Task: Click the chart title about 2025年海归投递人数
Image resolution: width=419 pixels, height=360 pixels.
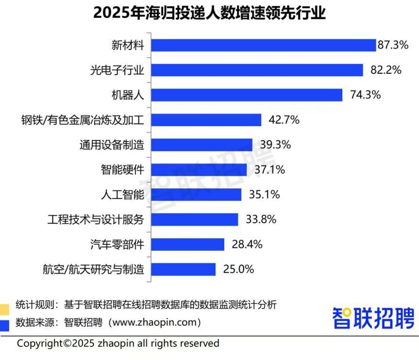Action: [x=209, y=13]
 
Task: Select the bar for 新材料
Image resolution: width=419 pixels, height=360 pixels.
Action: [x=264, y=45]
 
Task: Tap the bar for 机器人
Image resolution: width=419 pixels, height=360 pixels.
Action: [x=247, y=95]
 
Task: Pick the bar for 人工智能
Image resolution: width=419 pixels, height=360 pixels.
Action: [x=196, y=195]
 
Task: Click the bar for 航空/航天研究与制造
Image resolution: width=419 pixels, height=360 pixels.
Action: [x=183, y=269]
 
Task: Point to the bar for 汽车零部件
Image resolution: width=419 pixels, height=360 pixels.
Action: [x=187, y=244]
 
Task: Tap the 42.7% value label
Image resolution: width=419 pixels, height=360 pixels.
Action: [x=284, y=120]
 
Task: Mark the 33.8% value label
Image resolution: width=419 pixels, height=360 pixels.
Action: [x=261, y=219]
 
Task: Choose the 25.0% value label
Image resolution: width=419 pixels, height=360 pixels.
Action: [x=238, y=269]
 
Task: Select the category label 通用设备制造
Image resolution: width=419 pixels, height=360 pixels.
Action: [x=112, y=145]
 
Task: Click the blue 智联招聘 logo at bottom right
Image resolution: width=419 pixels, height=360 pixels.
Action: [x=373, y=318]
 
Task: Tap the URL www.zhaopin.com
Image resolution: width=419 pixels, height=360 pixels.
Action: [x=155, y=322]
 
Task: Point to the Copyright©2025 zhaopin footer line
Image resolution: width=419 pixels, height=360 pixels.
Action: [x=118, y=344]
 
